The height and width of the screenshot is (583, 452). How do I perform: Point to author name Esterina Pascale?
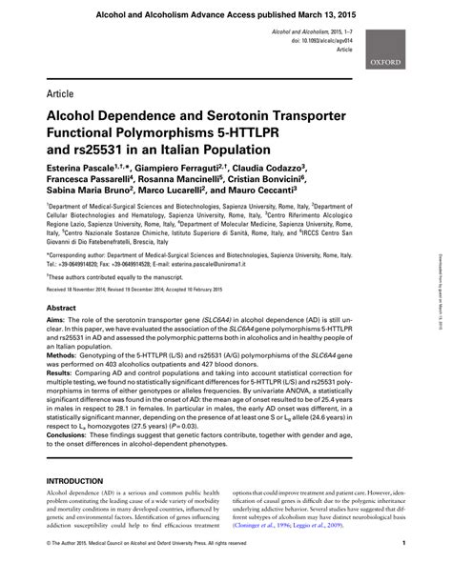84,166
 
